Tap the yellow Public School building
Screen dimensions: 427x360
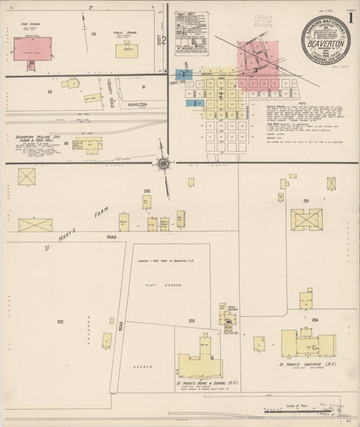tap(126, 49)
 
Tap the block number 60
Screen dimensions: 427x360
tap(49, 91)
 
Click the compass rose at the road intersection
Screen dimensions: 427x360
tap(163, 163)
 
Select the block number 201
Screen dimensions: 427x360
tap(305, 201)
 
